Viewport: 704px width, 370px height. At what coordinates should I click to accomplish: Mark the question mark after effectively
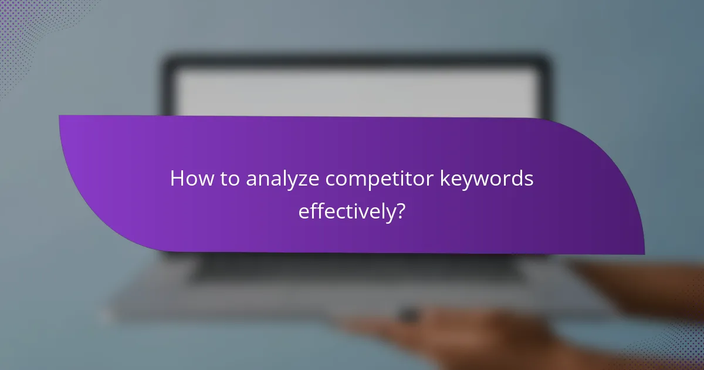pyautogui.click(x=400, y=211)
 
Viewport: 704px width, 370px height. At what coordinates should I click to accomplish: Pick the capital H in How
pyautogui.click(x=177, y=180)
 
